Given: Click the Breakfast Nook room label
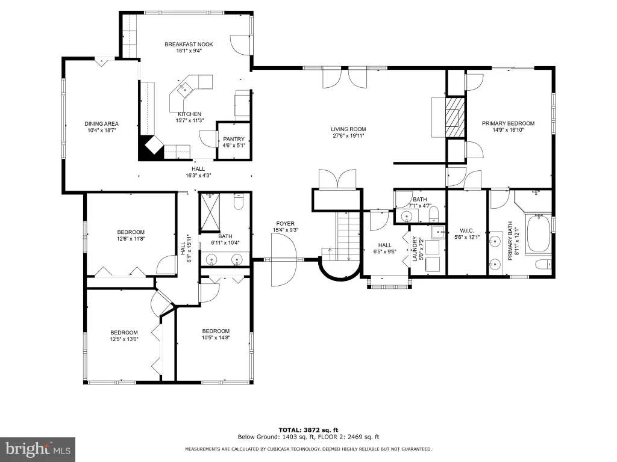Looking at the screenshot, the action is [189, 45].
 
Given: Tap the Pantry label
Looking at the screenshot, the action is [234, 139].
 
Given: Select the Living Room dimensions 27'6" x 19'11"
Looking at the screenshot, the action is [348, 135].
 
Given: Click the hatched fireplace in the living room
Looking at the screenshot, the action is [456, 117].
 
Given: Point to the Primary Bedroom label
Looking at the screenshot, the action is [508, 123].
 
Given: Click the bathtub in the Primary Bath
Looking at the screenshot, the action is [539, 233].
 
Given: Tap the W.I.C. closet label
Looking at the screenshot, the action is [467, 230].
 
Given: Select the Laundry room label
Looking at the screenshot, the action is [415, 248].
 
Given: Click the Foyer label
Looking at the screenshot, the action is [285, 224].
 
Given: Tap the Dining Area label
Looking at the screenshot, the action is [101, 124].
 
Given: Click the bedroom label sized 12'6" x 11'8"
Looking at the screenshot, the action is [131, 232].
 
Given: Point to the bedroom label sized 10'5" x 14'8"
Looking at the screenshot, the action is [216, 331].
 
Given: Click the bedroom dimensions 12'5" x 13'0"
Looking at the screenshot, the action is [124, 339].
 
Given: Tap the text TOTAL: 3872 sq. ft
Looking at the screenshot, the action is [308, 430].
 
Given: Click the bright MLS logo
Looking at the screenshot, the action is [37, 449].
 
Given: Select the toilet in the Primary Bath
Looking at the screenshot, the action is [543, 264].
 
